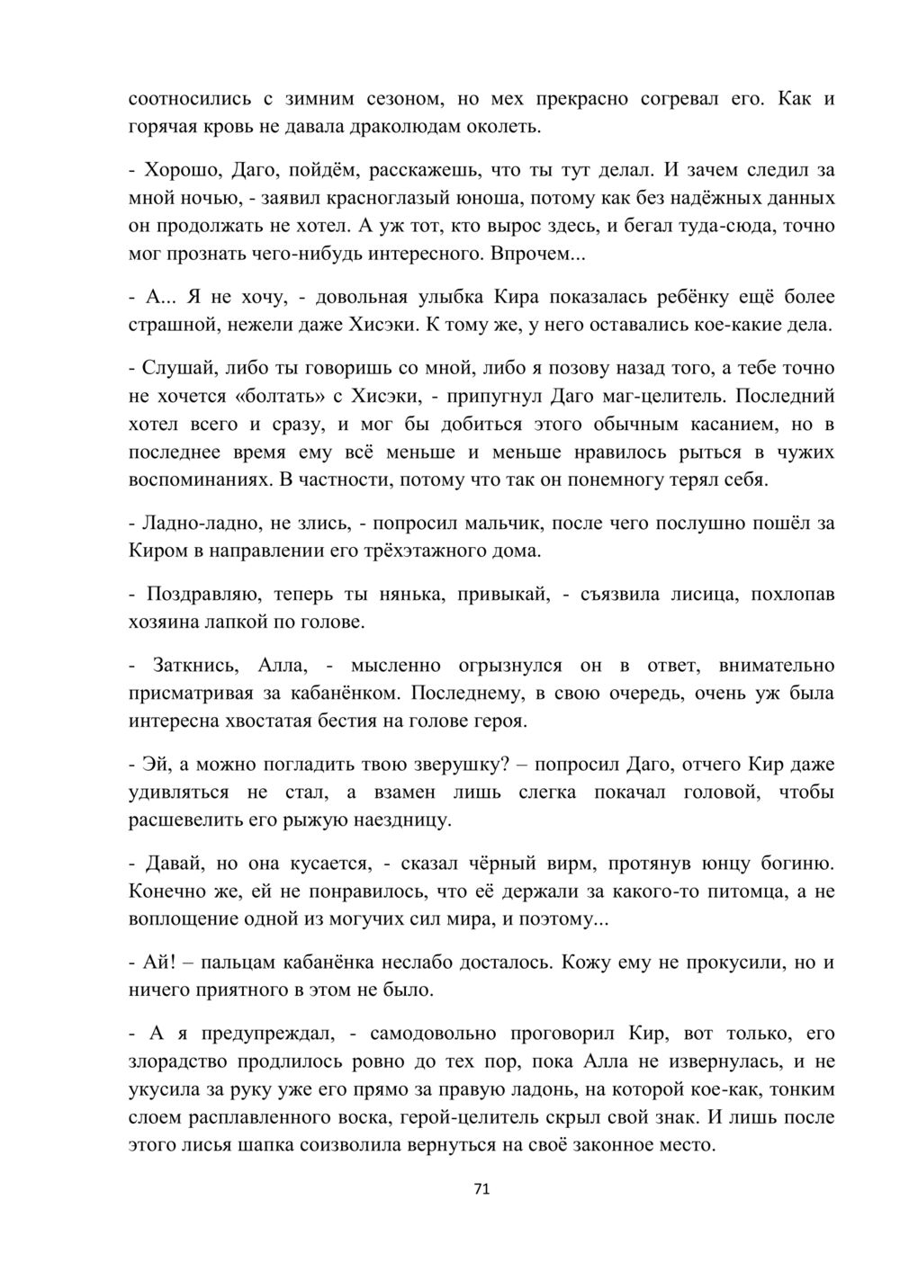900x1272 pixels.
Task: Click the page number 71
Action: click(x=481, y=1188)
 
